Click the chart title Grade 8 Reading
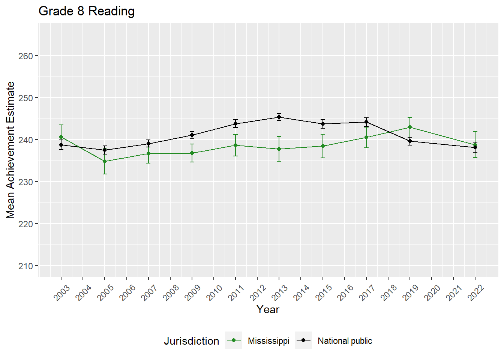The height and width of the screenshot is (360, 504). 87,11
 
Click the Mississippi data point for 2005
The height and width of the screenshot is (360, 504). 105,162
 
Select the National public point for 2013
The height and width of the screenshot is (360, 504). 279,117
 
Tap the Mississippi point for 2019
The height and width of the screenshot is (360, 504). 410,127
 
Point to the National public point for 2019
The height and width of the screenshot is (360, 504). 410,141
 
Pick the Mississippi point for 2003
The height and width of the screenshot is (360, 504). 61,137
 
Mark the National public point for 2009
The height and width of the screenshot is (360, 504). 192,135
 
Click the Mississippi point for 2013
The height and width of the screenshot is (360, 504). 279,149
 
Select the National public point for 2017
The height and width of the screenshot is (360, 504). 366,122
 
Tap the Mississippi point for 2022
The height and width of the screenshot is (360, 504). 475,145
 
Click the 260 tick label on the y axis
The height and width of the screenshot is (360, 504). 25,56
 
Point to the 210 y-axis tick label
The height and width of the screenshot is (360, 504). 25,266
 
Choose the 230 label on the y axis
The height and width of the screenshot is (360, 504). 25,182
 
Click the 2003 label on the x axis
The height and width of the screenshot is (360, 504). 62,293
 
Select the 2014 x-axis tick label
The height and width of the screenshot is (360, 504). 301,293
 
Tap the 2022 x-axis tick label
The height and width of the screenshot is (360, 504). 476,293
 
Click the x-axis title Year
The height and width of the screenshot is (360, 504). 268,309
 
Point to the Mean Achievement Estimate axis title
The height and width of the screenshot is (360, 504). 10,150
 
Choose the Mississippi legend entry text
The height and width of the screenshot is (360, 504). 268,341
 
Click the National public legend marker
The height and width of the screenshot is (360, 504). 303,340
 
